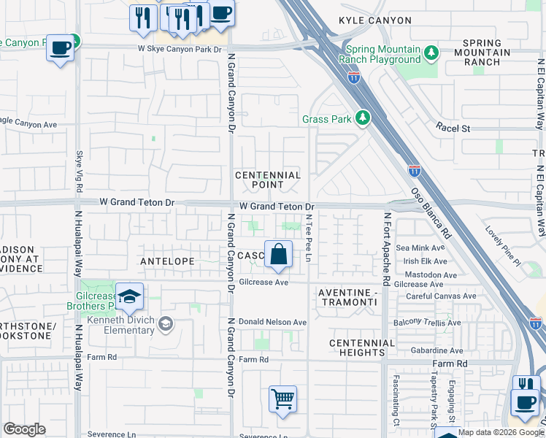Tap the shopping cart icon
pos(282,399)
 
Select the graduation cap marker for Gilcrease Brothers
pos(129,297)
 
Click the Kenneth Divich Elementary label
pos(120,326)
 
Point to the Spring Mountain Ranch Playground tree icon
pos(431,53)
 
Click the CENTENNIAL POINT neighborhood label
pos(268,180)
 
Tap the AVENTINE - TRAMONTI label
pos(347,298)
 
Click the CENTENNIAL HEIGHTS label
pos(361,347)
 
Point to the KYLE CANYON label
pos(375,20)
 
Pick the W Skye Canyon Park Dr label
pos(180,49)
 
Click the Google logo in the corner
pos(24,429)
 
